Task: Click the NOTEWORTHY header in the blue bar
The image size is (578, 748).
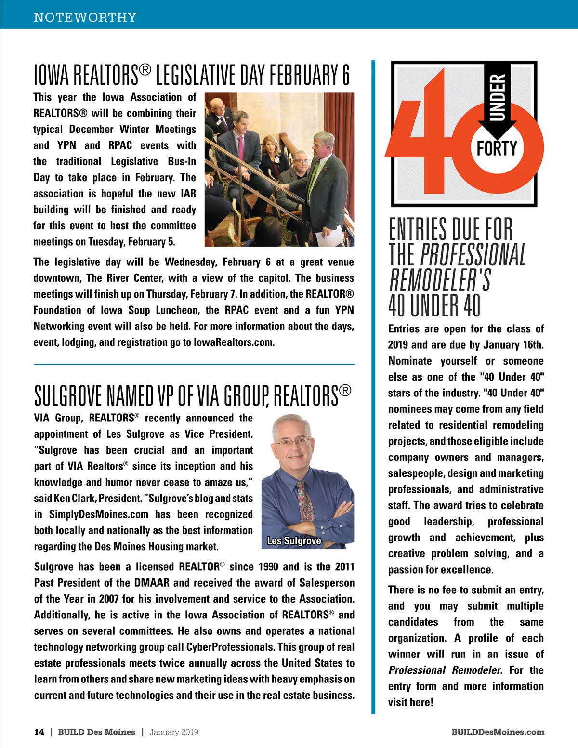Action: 85,17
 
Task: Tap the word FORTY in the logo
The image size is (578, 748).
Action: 497,148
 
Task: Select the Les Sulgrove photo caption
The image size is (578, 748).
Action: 294,541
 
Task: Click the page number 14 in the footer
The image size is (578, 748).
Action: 39,732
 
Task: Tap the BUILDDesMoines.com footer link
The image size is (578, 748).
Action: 498,732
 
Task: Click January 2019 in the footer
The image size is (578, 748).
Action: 174,732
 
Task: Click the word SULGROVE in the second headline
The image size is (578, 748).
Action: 68,396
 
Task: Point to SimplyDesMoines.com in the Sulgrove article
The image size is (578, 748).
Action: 99,514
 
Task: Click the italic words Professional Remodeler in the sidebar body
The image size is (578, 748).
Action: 445,670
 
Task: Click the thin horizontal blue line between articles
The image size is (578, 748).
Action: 194,364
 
